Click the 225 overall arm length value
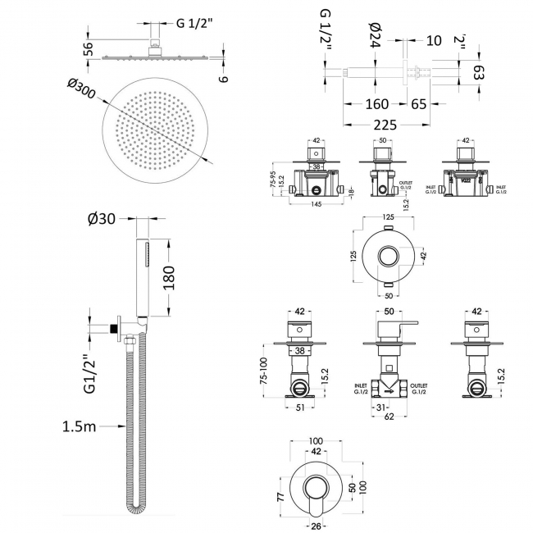coord(385,125)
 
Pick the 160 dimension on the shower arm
coord(377,105)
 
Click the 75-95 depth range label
coord(273,180)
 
